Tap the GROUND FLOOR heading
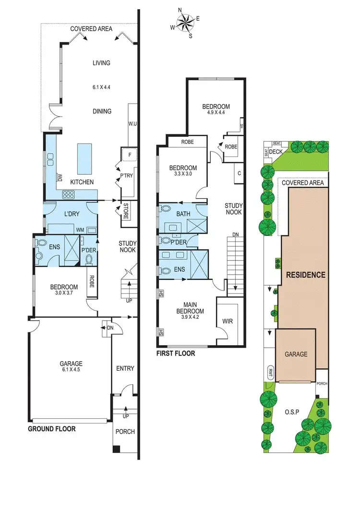pos(51,429)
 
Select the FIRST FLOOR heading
pos(176,353)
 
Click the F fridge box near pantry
pos(130,155)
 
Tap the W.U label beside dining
pos(132,124)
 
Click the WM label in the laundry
pos(78,230)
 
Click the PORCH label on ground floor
pos(125,432)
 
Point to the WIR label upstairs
pos(228,321)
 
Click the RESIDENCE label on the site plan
pos(306,275)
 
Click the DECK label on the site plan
pos(276,152)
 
